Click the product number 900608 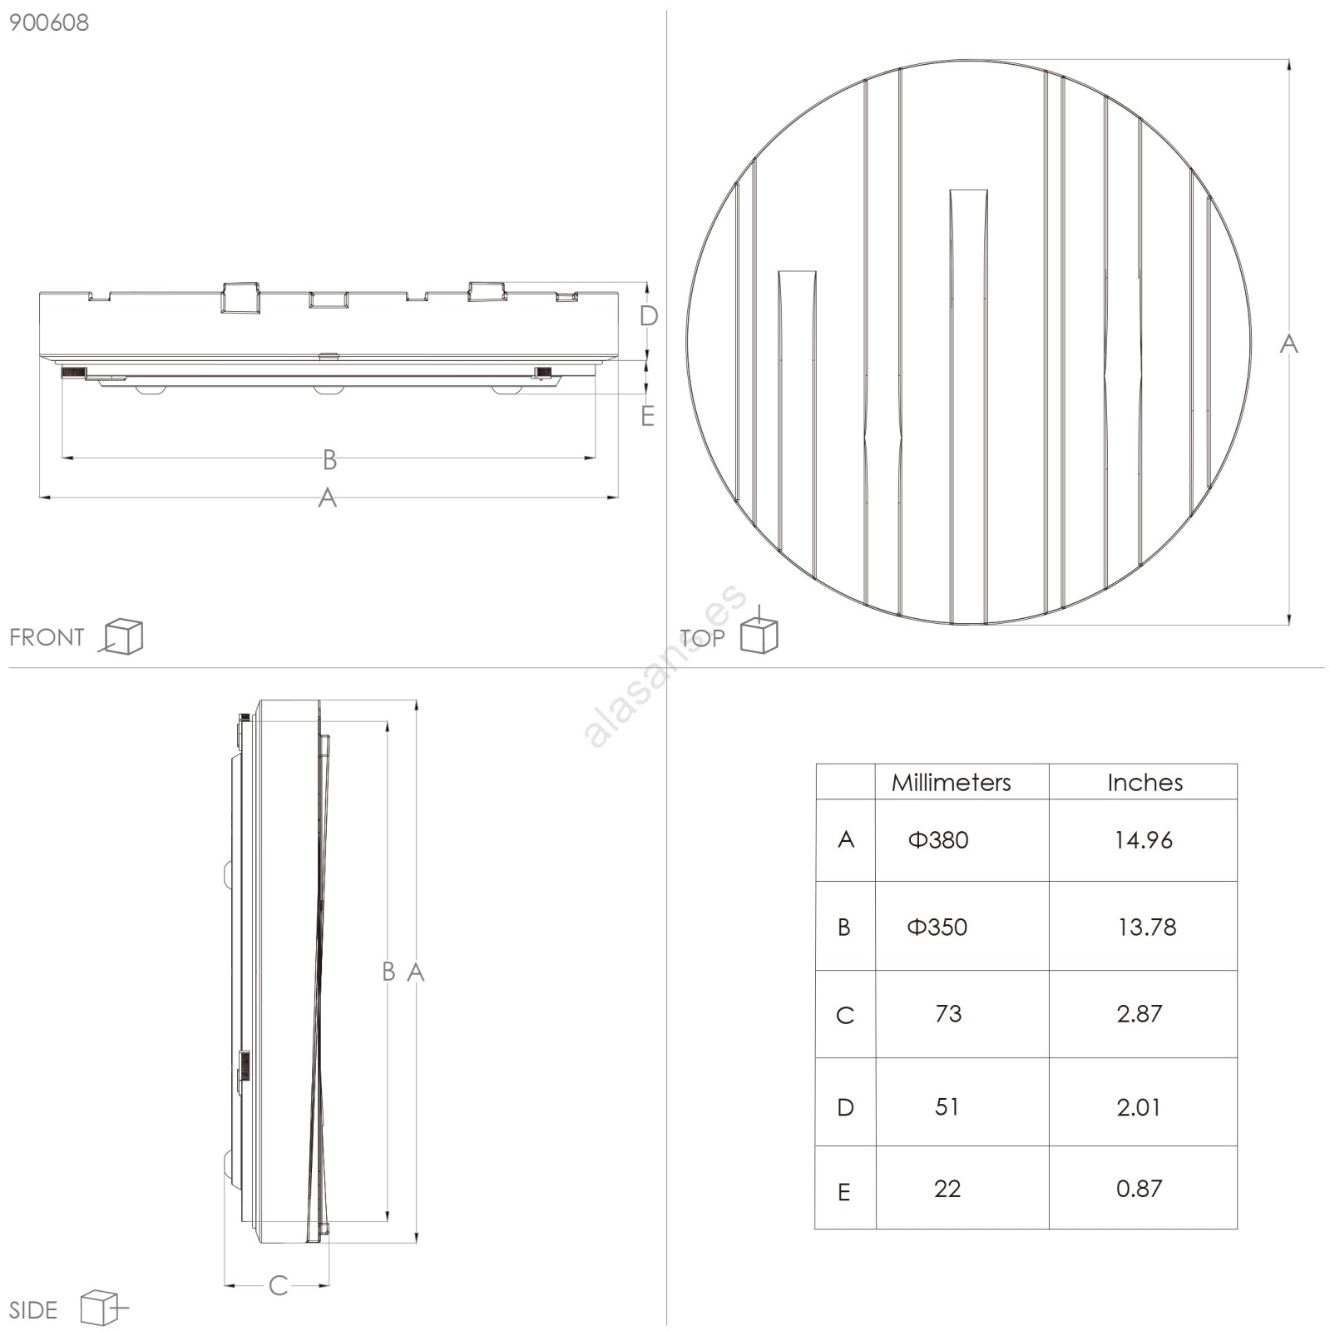point(49,22)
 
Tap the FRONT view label point(47,637)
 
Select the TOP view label point(702,638)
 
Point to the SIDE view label point(33,1310)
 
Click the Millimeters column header point(951,782)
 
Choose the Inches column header point(1145,782)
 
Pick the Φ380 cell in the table point(937,839)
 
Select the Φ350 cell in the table point(937,927)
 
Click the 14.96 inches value point(1144,840)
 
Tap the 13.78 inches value point(1147,927)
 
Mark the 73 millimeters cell point(948,1013)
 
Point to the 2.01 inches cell point(1138,1107)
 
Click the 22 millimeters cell point(947,1189)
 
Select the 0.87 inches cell point(1139,1189)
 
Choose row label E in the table point(844,1193)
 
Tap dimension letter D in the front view point(649,316)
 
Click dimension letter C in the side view point(278,1286)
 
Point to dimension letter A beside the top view point(1288,343)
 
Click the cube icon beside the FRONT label point(121,636)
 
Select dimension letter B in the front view point(329,459)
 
